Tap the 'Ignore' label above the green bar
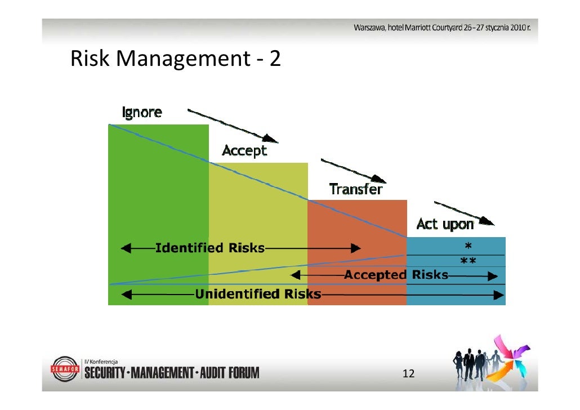pos(142,113)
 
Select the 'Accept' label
pos(244,151)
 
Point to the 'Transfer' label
pos(355,189)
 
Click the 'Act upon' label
pos(444,225)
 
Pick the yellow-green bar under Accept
pos(258,214)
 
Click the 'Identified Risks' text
pos(209,248)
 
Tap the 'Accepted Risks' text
pos(396,275)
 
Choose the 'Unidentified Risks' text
pos(258,294)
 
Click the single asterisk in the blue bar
pos(467,246)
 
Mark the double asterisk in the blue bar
pos(468,261)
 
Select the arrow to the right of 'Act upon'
pos(465,213)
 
